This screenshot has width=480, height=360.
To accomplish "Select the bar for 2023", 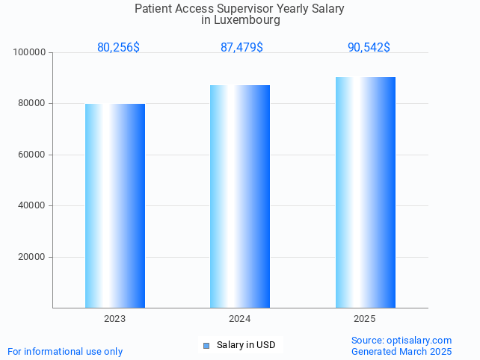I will point(115,205).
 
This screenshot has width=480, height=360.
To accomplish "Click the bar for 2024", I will point(240,196).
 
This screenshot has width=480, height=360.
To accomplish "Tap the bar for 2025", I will point(365,192).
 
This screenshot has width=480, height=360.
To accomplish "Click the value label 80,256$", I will point(118,48).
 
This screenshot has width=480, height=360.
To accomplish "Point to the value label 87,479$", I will point(241,48).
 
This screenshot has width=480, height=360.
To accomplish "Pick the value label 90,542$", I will point(369,48).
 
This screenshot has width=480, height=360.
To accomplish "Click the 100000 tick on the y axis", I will point(31,52).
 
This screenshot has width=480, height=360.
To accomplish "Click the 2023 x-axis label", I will point(115,319).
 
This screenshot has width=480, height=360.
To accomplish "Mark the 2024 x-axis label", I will point(240,319).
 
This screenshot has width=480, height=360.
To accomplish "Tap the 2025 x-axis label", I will point(365,319).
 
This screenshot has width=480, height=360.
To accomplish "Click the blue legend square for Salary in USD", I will point(206,345).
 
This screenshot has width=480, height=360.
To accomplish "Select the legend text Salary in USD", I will point(246,345).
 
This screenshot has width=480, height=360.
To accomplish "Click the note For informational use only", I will point(65,351).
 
